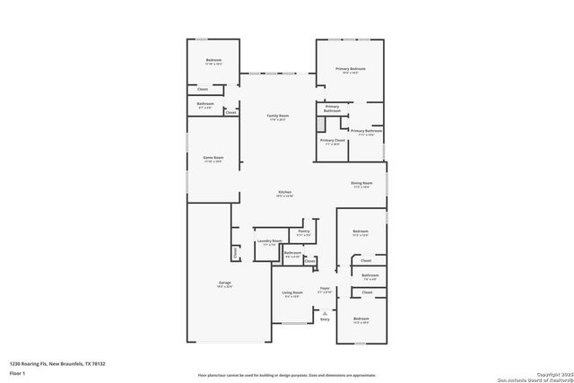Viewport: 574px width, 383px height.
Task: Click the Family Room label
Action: (278, 116)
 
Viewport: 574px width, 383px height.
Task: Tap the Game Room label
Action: (213, 158)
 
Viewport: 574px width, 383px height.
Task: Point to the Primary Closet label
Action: (332, 141)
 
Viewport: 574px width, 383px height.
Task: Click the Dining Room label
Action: (361, 184)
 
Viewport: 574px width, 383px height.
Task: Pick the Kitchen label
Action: (285, 193)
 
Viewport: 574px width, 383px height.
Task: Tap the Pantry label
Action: (305, 231)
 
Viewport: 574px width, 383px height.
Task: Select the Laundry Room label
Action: (269, 241)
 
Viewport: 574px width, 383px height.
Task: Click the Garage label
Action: (224, 284)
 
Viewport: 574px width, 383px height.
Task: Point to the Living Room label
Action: (292, 292)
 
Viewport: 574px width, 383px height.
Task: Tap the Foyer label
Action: (325, 290)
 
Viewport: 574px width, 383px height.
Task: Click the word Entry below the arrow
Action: (325, 319)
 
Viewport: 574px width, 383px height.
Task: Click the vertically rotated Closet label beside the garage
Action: (236, 254)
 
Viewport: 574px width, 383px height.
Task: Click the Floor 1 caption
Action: (18, 372)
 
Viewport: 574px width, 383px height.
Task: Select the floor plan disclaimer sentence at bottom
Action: (287, 375)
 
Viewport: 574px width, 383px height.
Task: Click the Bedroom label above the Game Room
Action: (213, 61)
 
